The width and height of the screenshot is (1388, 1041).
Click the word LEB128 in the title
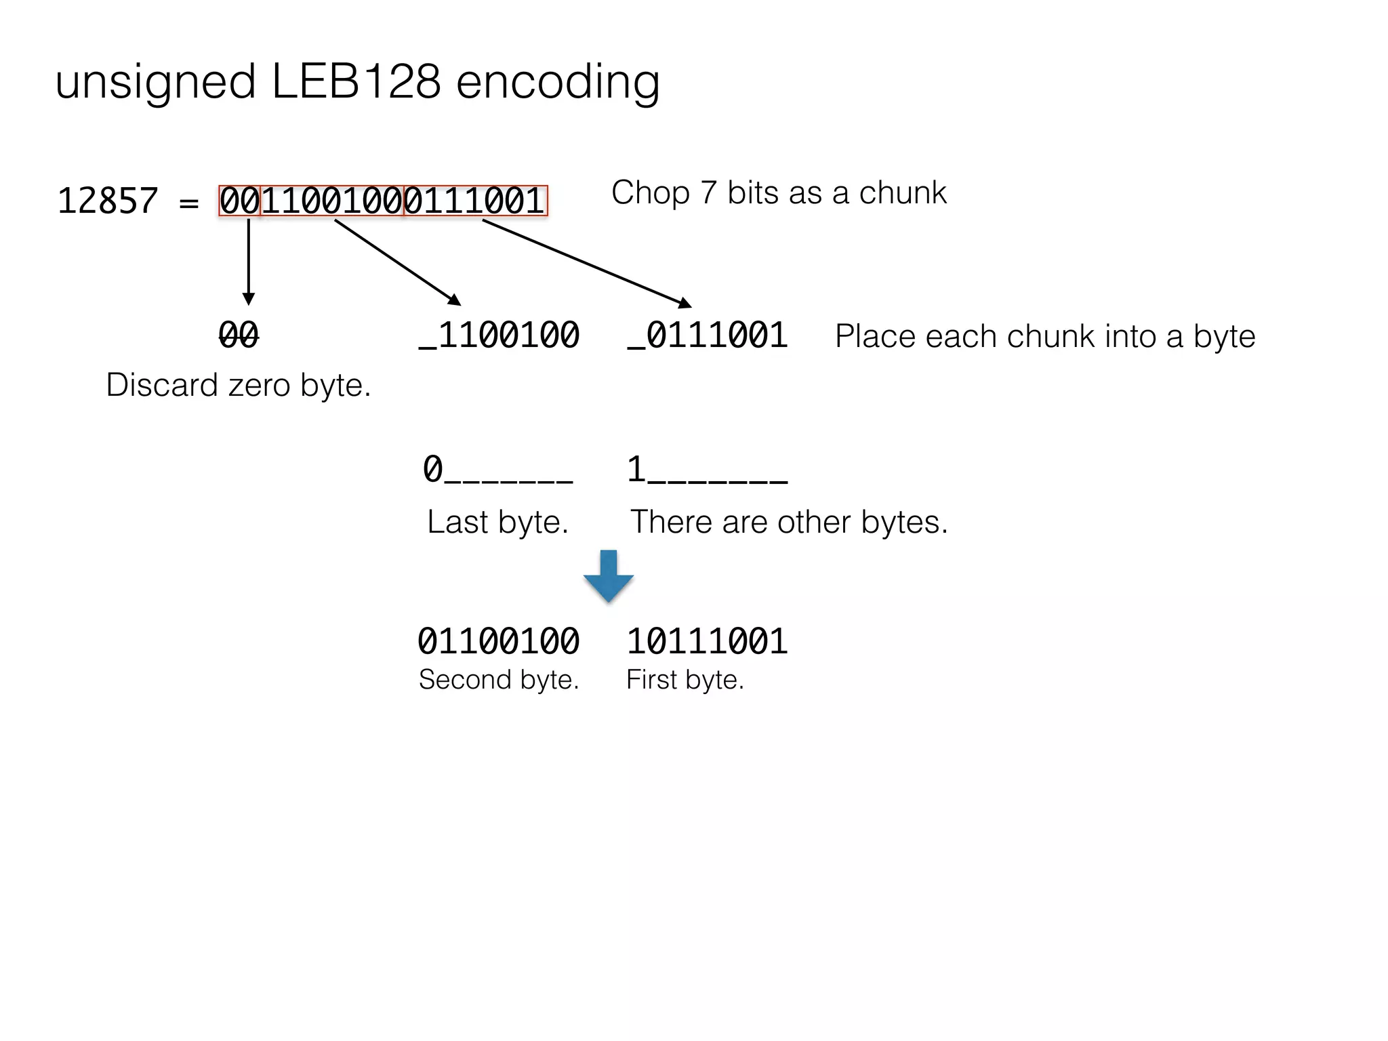(x=356, y=81)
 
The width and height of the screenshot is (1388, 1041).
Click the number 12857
(x=108, y=201)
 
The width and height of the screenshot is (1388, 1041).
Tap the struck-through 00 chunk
(x=239, y=335)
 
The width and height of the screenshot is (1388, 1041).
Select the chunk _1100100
(x=499, y=335)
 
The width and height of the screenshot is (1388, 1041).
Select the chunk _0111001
(x=708, y=335)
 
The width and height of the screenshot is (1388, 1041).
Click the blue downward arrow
(x=609, y=576)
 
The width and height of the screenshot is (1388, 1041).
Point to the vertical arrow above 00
(x=249, y=261)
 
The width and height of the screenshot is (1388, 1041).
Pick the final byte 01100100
(x=499, y=641)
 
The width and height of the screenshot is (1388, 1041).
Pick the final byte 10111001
(x=707, y=641)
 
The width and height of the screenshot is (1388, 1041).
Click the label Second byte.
(x=499, y=680)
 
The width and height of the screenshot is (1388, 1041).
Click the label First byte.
(x=685, y=680)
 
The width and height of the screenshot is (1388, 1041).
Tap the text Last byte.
(x=497, y=522)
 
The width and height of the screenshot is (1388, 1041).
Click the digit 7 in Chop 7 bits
(x=708, y=193)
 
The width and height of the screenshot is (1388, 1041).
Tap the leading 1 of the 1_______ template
(x=636, y=469)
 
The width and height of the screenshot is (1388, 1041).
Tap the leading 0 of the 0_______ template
(x=432, y=469)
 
